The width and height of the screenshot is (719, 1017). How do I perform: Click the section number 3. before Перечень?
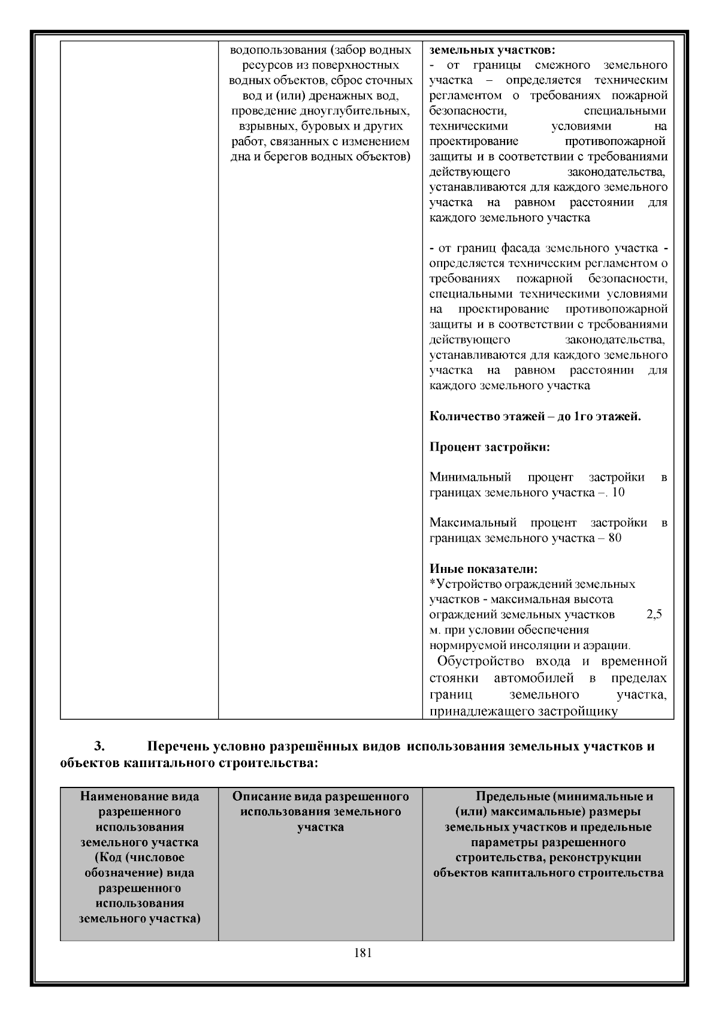(x=99, y=747)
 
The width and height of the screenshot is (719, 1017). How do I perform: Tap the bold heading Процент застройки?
(x=490, y=447)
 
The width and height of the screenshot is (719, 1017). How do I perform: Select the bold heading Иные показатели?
(x=484, y=569)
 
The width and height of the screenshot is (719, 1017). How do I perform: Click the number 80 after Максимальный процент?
(x=615, y=538)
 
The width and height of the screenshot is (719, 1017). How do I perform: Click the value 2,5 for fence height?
(x=654, y=615)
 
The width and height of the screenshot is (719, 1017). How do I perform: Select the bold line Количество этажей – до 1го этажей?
(x=535, y=417)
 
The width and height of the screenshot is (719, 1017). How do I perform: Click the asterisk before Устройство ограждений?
(x=433, y=583)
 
